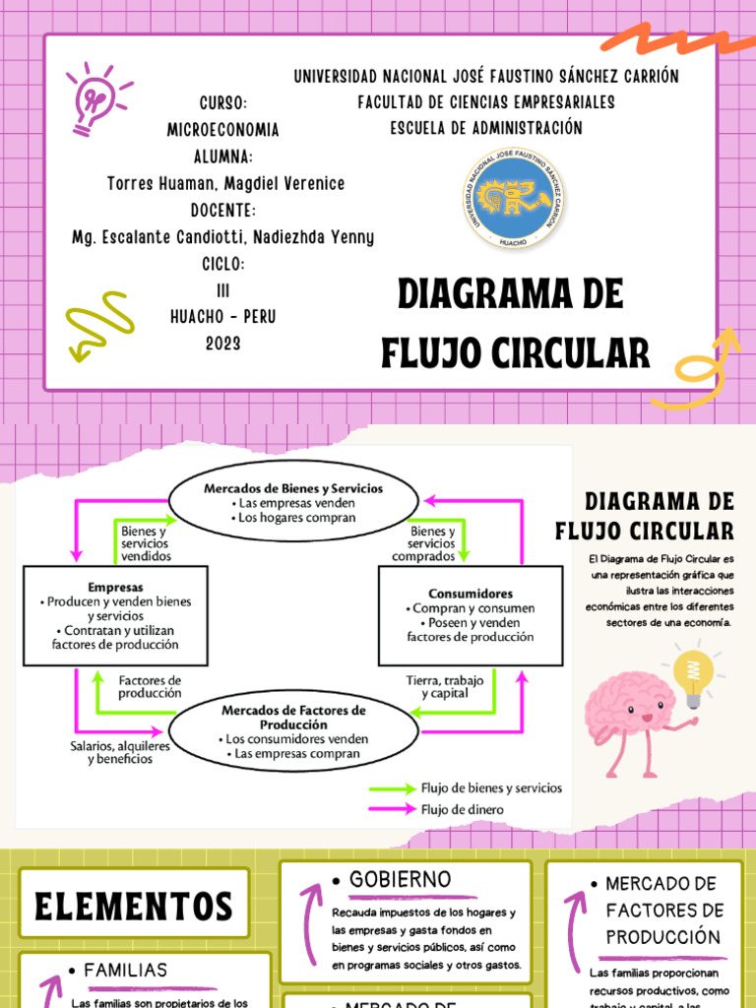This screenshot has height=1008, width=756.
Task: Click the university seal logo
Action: (514, 200)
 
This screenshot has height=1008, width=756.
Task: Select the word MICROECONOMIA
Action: (222, 130)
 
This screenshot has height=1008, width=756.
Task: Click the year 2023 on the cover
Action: (222, 344)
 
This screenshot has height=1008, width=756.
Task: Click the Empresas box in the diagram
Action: (115, 615)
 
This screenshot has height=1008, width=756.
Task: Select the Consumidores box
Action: (470, 615)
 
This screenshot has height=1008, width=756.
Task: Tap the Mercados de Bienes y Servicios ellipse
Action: (293, 503)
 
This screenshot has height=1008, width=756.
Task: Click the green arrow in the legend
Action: (392, 788)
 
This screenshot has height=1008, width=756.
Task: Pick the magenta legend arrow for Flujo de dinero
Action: (392, 809)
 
